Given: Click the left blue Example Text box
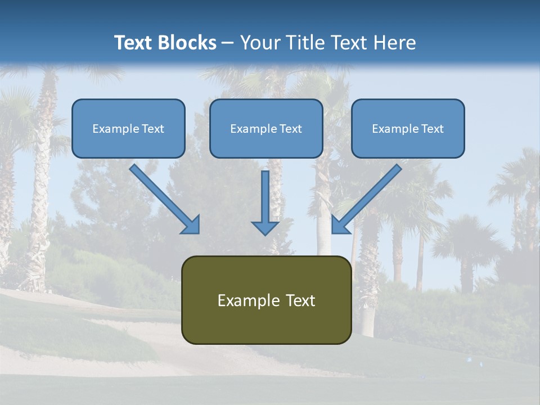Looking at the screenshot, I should [x=128, y=128].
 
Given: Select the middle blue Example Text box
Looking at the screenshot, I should [x=266, y=128].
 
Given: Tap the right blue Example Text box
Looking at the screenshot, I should [x=408, y=128].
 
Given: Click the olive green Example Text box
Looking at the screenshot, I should [x=266, y=300].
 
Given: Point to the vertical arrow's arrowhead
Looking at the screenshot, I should [x=265, y=228].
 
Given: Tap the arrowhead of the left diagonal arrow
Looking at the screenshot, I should [x=191, y=225].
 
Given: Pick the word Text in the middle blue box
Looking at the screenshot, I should [x=290, y=129].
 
